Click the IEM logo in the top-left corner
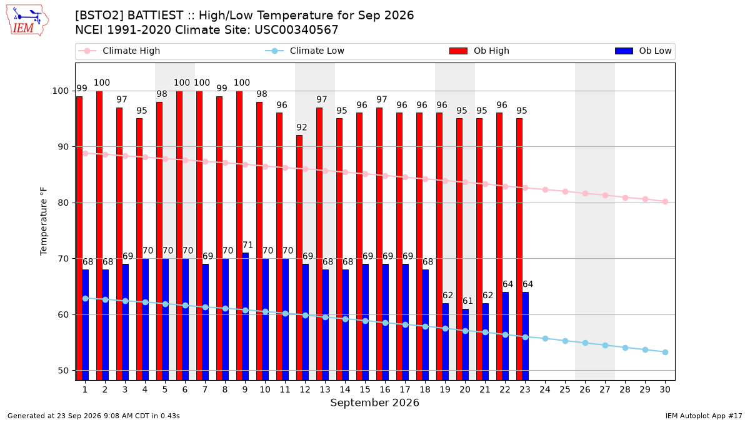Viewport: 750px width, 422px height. [x=27, y=21]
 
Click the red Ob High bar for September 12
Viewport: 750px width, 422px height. [x=299, y=258]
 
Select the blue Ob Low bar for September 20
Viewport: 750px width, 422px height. [x=466, y=344]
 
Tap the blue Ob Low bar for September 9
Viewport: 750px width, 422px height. [x=246, y=316]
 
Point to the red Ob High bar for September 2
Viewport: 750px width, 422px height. [x=99, y=236]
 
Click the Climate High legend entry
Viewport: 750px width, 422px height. [x=119, y=51]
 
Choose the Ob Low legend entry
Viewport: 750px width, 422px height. [x=643, y=51]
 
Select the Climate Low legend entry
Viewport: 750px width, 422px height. [x=305, y=51]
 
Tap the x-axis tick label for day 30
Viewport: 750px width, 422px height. [x=665, y=390]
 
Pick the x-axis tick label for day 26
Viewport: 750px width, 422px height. [x=585, y=390]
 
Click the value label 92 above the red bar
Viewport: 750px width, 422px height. [x=302, y=128]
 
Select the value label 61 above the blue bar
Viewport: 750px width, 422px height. [x=467, y=301]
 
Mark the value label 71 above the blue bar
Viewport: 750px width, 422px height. [x=247, y=245]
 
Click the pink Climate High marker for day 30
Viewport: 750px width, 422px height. [x=665, y=201]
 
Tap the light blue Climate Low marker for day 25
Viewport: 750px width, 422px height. [x=565, y=341]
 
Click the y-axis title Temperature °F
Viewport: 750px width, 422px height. [x=44, y=221]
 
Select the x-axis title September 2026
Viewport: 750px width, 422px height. [x=374, y=403]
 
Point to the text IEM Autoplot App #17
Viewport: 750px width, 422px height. [x=704, y=416]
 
